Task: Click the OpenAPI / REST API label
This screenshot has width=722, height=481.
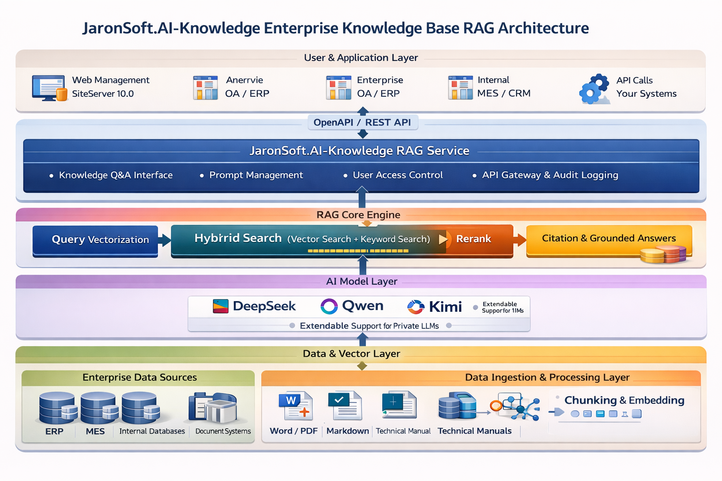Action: point(362,123)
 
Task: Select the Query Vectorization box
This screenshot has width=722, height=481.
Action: point(95,240)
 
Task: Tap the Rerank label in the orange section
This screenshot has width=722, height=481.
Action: point(473,239)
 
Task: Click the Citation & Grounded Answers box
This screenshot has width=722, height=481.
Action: point(609,240)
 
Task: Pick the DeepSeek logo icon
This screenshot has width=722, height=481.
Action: point(221,306)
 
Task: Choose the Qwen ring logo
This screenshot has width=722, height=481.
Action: point(329,306)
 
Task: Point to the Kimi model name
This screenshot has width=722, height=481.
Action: point(446,306)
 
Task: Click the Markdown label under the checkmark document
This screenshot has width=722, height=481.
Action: point(347,431)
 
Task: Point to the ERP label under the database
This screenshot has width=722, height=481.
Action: point(54,431)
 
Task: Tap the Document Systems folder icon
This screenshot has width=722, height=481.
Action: point(213,408)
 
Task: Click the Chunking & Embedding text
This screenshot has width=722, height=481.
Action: point(624,400)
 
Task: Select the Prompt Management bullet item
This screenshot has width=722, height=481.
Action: point(251,175)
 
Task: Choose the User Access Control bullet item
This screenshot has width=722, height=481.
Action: point(393,175)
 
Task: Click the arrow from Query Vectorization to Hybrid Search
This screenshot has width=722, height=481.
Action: point(165,240)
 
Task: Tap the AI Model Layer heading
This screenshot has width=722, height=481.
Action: point(361,281)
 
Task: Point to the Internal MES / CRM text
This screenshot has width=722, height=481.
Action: point(503,86)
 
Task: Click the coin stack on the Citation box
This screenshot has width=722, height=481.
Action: point(663,254)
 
